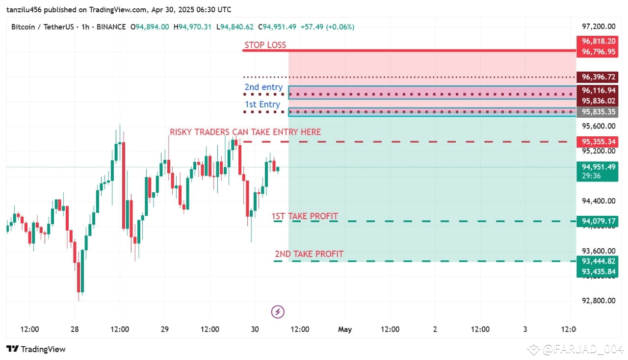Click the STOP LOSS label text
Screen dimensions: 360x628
pos(265,45)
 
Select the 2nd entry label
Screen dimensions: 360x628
pos(263,87)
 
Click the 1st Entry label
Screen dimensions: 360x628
pos(262,104)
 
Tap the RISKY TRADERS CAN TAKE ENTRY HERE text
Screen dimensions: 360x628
pos(245,132)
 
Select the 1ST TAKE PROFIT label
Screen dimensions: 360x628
pos(305,216)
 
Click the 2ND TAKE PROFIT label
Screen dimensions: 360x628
pos(309,254)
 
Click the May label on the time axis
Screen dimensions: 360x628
pos(345,330)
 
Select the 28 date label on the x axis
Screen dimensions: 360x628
pos(75,330)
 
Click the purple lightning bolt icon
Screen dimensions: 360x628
pos(278,311)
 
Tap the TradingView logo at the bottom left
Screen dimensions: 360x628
pos(36,349)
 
